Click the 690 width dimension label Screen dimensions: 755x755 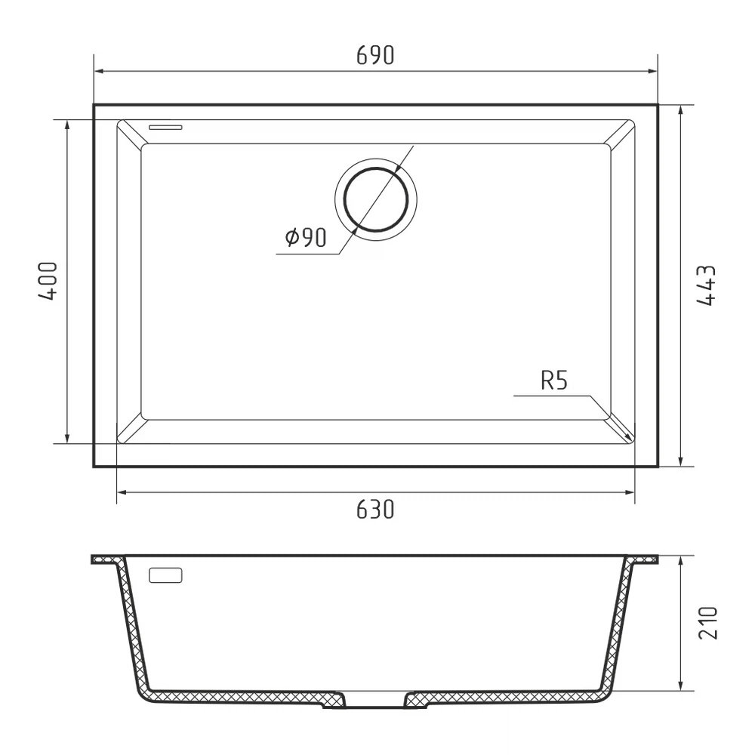(375, 55)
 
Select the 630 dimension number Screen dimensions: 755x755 (375, 510)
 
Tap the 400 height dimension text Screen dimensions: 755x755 (48, 282)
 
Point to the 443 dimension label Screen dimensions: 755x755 (707, 285)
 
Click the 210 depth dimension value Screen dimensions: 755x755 (707, 623)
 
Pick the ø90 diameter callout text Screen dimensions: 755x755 (306, 237)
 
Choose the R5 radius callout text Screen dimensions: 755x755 (554, 381)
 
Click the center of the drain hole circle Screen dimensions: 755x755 (376, 199)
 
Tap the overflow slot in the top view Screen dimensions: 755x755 (165, 127)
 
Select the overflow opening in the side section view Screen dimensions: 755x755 (165, 575)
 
